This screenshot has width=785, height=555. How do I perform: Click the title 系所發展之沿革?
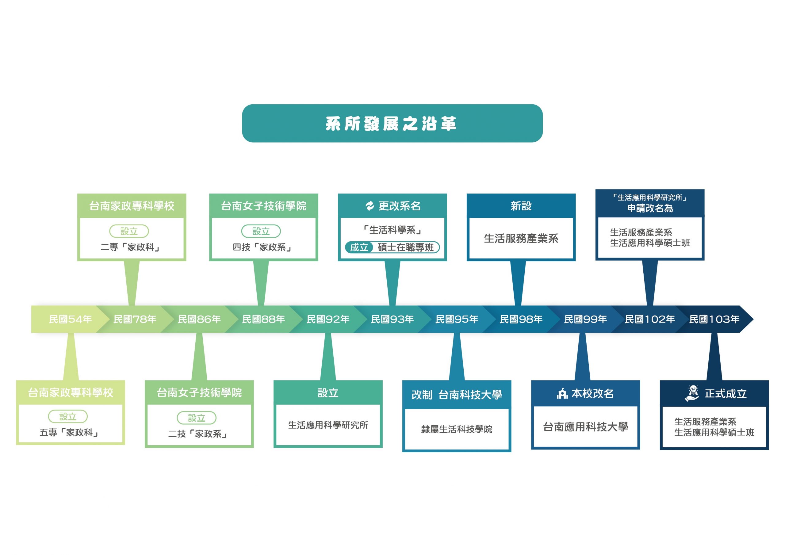point(392,124)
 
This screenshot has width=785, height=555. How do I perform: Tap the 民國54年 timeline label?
point(70,320)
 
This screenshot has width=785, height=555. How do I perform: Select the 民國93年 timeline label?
point(392,320)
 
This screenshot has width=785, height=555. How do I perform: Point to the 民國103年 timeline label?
point(714,320)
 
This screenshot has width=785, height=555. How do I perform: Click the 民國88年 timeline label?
point(263,320)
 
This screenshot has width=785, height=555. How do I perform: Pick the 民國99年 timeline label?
point(585,320)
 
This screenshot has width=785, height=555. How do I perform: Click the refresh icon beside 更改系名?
point(370,206)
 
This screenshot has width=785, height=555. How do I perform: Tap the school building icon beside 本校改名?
point(562,394)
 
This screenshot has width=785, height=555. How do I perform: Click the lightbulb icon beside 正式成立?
point(692,393)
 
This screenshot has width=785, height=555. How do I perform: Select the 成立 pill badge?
point(359,247)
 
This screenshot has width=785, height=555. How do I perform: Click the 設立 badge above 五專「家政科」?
point(68,416)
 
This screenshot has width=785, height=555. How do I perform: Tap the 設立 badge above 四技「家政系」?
point(261,231)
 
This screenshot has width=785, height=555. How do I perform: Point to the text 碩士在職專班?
point(405,247)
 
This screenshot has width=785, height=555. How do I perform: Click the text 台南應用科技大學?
point(585,427)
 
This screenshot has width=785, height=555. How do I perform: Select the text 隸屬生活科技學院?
point(457,429)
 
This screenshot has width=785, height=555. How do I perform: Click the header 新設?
point(521,206)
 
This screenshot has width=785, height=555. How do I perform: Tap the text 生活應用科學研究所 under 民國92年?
point(328,425)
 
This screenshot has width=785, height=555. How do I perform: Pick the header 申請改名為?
point(650,208)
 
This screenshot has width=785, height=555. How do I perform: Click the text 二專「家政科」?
point(131,247)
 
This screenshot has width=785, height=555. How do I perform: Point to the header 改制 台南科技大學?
point(457,395)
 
